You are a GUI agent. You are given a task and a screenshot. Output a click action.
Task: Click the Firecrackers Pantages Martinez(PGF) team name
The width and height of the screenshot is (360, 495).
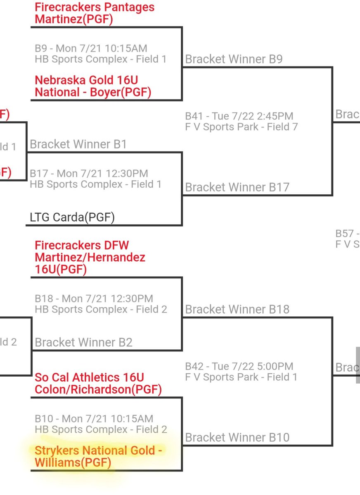[94, 13]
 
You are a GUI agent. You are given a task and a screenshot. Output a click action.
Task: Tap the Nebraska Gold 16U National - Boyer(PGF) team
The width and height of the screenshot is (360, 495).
[92, 86]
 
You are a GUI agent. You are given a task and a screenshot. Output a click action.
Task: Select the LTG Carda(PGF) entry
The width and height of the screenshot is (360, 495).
[72, 217]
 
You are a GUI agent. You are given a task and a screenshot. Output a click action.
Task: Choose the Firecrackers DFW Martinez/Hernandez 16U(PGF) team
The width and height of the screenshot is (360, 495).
[90, 257]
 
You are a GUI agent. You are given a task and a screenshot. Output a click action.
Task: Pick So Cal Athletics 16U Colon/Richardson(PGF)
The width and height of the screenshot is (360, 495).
[98, 383]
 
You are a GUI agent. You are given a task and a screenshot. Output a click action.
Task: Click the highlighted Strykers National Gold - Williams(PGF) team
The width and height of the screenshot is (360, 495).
[98, 456]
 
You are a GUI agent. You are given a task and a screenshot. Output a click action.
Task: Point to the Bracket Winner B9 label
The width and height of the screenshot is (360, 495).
[234, 59]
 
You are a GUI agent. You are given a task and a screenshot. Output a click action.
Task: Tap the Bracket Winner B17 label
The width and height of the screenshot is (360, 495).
[237, 187]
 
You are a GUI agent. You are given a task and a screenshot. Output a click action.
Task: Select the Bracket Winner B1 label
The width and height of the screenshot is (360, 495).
[78, 144]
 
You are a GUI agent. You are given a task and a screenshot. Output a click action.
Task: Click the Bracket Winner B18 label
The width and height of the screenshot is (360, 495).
[237, 309]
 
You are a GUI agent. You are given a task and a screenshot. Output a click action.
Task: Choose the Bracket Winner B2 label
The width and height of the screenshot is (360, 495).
[83, 342]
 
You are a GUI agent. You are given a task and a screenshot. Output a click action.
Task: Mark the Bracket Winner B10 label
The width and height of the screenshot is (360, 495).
[237, 437]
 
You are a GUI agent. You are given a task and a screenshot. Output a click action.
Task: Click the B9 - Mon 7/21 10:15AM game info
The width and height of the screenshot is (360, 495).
[91, 49]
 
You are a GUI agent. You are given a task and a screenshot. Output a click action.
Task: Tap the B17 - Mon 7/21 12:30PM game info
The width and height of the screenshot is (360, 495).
[89, 174]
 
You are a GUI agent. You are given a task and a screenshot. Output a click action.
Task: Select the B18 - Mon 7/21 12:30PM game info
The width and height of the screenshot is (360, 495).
[94, 298]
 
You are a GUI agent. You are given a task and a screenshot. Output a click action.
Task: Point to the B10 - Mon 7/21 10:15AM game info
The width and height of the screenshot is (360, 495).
[94, 419]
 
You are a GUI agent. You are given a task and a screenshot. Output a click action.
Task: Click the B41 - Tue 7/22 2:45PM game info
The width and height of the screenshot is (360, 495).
[239, 116]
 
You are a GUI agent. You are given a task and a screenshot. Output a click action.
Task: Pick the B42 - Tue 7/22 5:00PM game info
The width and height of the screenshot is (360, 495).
[239, 366]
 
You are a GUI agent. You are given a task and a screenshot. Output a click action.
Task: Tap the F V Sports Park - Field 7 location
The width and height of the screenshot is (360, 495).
[241, 127]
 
